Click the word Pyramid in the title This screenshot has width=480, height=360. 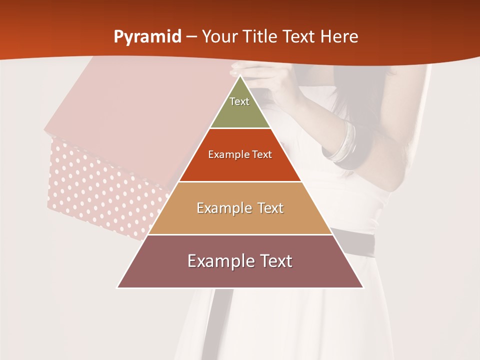click(x=147, y=37)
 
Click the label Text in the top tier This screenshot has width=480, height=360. click(x=239, y=101)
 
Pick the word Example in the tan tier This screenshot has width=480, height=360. click(x=223, y=208)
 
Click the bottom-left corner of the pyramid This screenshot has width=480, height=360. click(x=118, y=287)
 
